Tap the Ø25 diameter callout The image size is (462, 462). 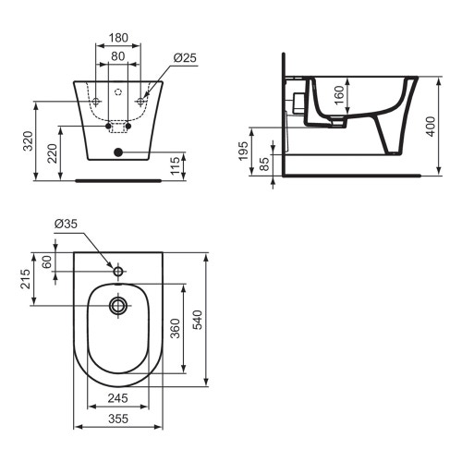(x=184, y=59)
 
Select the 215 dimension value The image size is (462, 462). (x=28, y=279)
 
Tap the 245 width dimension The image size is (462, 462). (x=116, y=398)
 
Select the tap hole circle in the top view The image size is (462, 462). (x=117, y=273)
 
